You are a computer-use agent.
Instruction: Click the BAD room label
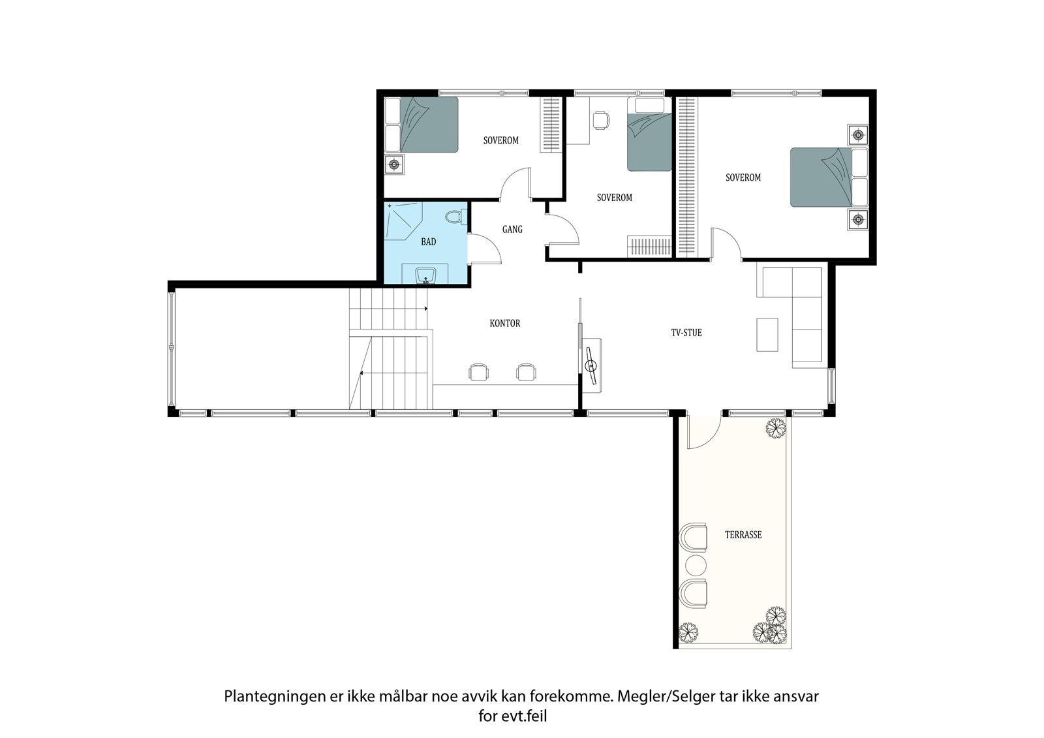pyautogui.click(x=428, y=242)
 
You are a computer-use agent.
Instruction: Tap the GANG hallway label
pyautogui.click(x=512, y=229)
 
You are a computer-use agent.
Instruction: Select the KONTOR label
pyautogui.click(x=505, y=324)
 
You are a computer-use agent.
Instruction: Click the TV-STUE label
pyautogui.click(x=686, y=333)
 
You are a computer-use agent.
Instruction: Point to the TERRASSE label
pyautogui.click(x=743, y=535)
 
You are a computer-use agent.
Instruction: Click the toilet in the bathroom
pyautogui.click(x=456, y=216)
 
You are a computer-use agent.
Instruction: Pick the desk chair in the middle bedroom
pyautogui.click(x=601, y=120)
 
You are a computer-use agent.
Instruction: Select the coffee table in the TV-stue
pyautogui.click(x=767, y=335)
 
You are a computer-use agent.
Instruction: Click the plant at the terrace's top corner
pyautogui.click(x=775, y=428)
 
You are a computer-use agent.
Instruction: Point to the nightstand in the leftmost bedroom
pyautogui.click(x=394, y=165)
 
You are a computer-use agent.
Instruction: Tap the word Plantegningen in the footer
pyautogui.click(x=268, y=696)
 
